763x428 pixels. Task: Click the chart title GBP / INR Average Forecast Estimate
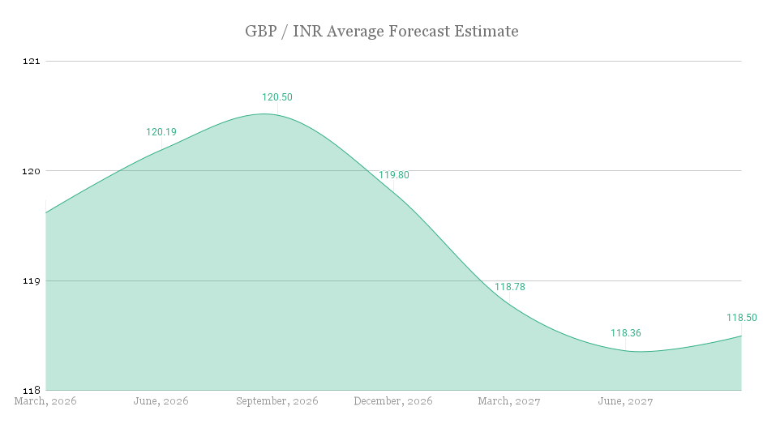(x=381, y=32)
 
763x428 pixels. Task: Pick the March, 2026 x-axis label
(x=46, y=401)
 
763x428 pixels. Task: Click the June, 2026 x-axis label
(x=161, y=401)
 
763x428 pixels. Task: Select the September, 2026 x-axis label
(x=277, y=401)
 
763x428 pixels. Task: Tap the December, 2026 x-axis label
(x=393, y=401)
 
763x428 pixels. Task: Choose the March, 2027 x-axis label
(x=509, y=401)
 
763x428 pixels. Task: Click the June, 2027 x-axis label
(x=625, y=401)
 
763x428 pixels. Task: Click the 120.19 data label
(x=161, y=132)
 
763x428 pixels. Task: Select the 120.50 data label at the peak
(x=277, y=97)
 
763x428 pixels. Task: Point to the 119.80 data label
(x=394, y=175)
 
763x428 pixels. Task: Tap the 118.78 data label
(x=510, y=287)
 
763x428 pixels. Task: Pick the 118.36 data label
(x=626, y=333)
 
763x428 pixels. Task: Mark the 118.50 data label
(x=742, y=318)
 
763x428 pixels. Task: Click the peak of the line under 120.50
(x=266, y=113)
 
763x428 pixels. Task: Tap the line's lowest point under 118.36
(x=637, y=352)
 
